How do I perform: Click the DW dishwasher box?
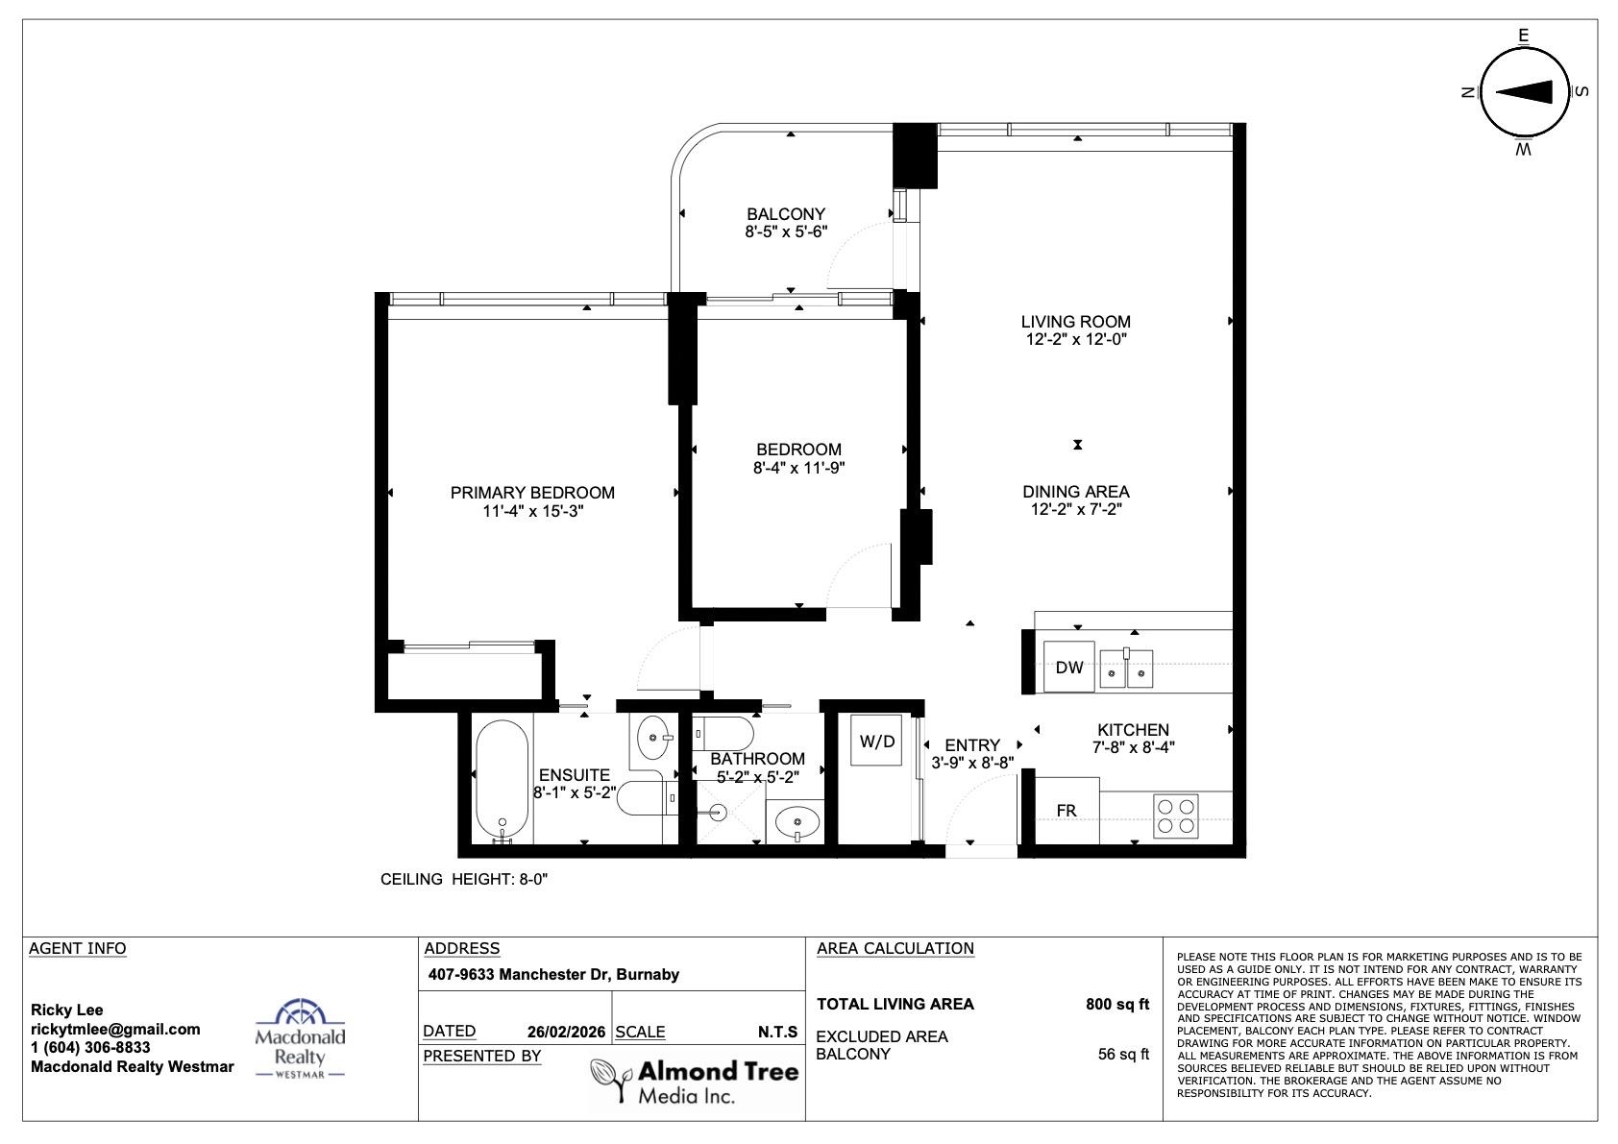click(x=1069, y=667)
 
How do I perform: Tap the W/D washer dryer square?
click(x=876, y=741)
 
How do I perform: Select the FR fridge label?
click(x=1066, y=811)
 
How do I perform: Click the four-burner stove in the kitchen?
click(x=1175, y=816)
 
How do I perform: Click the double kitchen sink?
click(x=1126, y=669)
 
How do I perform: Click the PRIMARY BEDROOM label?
click(x=532, y=493)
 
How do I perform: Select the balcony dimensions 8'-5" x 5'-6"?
click(x=786, y=231)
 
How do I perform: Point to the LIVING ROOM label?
click(x=1075, y=322)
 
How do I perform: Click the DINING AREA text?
click(x=1075, y=492)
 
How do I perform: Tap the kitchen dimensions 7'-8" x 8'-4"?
click(x=1134, y=747)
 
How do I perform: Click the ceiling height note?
click(x=464, y=879)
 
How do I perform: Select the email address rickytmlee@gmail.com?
click(x=115, y=1029)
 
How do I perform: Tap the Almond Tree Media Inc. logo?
click(x=695, y=1082)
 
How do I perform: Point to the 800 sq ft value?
click(x=1116, y=1004)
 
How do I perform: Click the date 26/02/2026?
click(x=566, y=1032)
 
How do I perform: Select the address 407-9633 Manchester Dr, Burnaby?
click(x=553, y=974)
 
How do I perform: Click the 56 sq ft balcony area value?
click(x=1123, y=1054)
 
